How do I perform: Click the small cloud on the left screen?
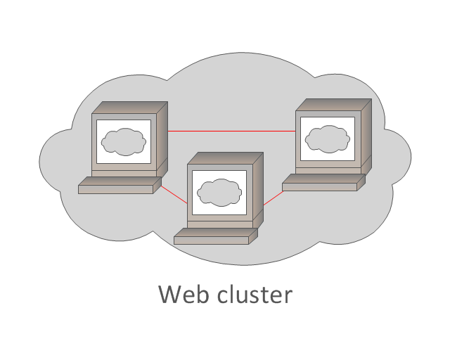pyautogui.click(x=124, y=142)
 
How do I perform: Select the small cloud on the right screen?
pyautogui.click(x=328, y=138)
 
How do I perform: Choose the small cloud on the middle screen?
pyautogui.click(x=219, y=191)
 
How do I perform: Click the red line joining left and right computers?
pyautogui.click(x=232, y=131)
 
